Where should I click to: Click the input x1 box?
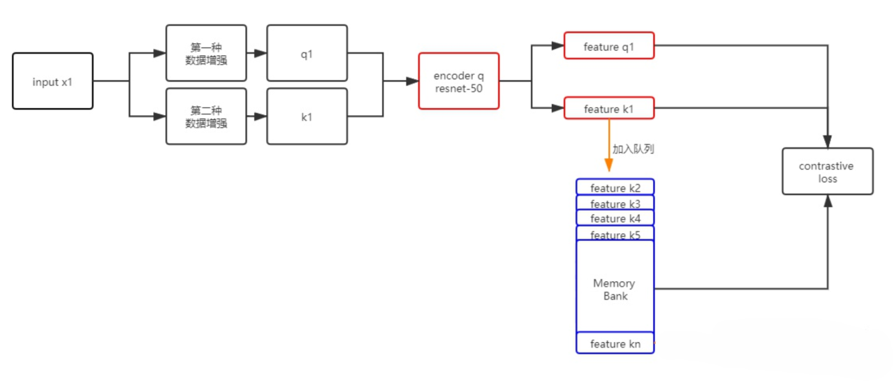click(x=52, y=82)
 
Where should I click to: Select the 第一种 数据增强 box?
click(x=206, y=53)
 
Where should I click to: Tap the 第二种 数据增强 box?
click(x=206, y=117)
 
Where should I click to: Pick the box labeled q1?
click(x=307, y=53)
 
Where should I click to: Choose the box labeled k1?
click(x=307, y=117)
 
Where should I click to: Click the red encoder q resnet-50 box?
click(x=459, y=81)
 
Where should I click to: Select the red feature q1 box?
click(x=609, y=46)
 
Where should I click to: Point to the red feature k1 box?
click(x=609, y=108)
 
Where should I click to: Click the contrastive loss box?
click(x=827, y=172)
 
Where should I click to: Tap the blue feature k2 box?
click(x=615, y=187)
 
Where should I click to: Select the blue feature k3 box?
click(x=615, y=203)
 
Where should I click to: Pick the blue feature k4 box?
click(x=615, y=218)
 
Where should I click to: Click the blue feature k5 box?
click(x=615, y=234)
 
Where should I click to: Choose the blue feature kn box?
click(x=615, y=343)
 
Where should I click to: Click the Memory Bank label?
click(x=615, y=290)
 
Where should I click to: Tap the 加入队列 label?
click(x=633, y=149)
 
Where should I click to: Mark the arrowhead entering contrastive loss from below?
click(x=828, y=201)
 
